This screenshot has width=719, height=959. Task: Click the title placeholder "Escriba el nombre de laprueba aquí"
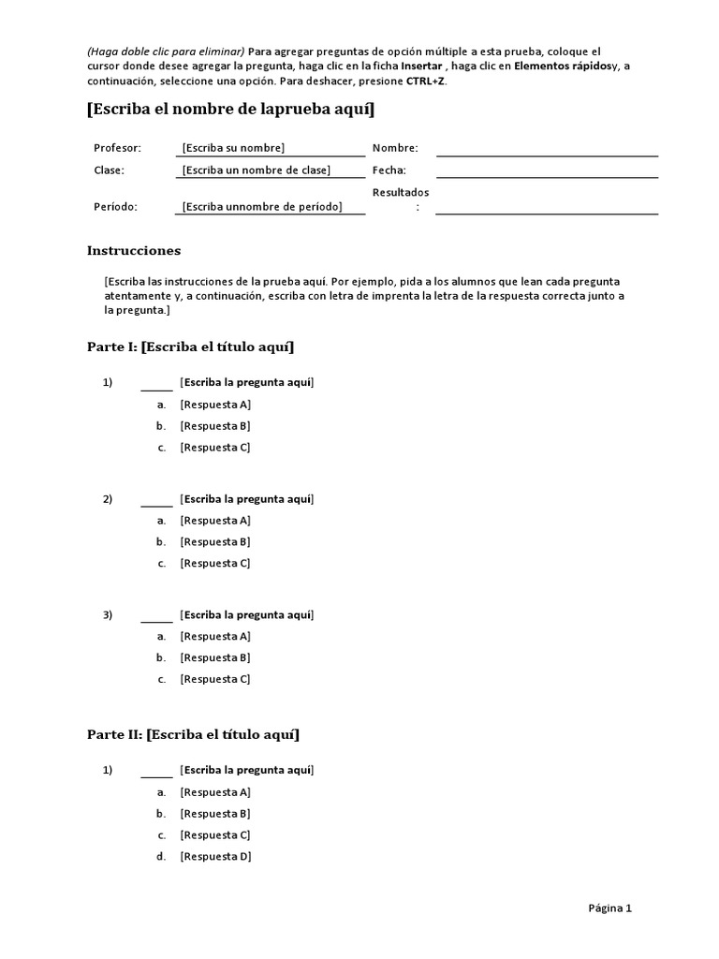(230, 111)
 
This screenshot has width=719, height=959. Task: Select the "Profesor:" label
(117, 148)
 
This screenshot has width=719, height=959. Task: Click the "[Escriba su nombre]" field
(233, 148)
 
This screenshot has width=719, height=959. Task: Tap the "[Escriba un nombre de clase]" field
(257, 170)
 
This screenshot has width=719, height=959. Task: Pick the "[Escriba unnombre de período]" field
(262, 207)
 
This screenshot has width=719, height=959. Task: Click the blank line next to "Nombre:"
(547, 149)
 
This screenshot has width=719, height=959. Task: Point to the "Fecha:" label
(389, 170)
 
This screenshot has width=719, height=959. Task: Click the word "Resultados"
(401, 192)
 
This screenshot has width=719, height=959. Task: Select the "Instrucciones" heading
(134, 251)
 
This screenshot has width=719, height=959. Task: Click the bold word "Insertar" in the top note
(421, 66)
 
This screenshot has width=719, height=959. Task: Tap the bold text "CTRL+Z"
(426, 81)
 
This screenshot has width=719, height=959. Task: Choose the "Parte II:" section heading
(115, 735)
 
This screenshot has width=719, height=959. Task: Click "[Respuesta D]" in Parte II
(215, 856)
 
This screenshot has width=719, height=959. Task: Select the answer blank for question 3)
(156, 616)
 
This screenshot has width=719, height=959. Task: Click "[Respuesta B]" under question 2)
(215, 541)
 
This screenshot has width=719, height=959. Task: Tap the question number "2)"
(108, 499)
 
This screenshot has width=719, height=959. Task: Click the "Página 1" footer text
(610, 907)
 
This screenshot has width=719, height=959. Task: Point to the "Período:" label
(115, 207)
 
